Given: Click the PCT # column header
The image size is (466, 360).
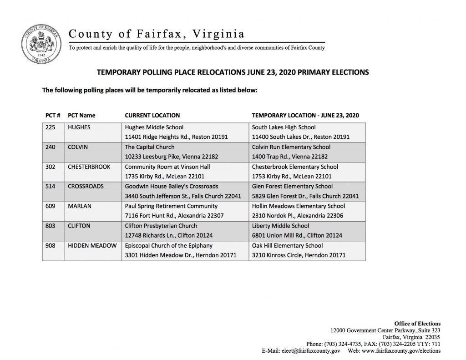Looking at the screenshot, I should (x=53, y=115).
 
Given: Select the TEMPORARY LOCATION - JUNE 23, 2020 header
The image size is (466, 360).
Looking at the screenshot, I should (x=305, y=115).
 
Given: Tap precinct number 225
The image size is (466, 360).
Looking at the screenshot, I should (x=51, y=127).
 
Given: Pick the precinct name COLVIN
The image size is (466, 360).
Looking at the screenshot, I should (x=78, y=147).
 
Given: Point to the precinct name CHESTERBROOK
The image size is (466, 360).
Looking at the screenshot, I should (x=89, y=167).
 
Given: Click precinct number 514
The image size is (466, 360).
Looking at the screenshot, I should (x=51, y=186).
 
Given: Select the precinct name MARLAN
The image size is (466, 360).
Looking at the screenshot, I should (x=79, y=206).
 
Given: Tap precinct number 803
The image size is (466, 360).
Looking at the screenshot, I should (x=51, y=226).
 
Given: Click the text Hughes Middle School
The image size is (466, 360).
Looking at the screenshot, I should (x=154, y=127).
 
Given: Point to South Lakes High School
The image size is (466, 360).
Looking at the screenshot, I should (x=284, y=127).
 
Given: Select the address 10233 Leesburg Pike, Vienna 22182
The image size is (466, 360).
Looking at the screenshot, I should (x=172, y=157).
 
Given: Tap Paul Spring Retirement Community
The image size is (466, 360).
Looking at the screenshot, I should (x=168, y=206).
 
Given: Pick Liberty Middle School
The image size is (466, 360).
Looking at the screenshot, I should (x=280, y=226).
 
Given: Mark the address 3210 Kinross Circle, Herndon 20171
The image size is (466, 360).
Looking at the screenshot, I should (x=299, y=255).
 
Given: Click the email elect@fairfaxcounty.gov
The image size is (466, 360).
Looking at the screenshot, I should (x=311, y=351).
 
